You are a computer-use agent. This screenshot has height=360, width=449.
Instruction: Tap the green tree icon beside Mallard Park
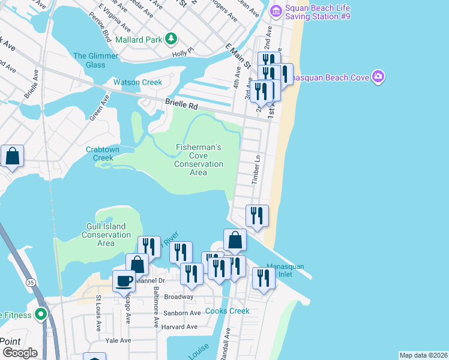point(172,39)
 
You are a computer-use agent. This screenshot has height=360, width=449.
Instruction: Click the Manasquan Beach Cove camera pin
point(378,76)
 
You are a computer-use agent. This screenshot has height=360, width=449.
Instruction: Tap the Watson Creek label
point(138,82)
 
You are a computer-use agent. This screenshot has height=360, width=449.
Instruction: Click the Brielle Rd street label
point(181,106)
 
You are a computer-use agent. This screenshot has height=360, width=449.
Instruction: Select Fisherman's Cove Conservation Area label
point(199,160)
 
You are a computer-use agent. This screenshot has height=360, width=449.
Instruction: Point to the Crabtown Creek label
point(100,154)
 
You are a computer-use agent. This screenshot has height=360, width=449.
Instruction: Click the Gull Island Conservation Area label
point(106,235)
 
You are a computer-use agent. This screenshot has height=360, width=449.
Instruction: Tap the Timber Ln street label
point(257,170)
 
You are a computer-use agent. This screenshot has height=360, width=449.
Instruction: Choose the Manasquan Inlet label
point(293,271)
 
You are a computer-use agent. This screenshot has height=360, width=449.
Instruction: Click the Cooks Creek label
point(228,311)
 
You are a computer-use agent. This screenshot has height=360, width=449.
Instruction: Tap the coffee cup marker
point(124,281)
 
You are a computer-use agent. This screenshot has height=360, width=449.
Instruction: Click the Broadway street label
point(179,296)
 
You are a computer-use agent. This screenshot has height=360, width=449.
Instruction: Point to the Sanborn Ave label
point(182,313)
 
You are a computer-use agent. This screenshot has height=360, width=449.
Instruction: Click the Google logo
point(20,353)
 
